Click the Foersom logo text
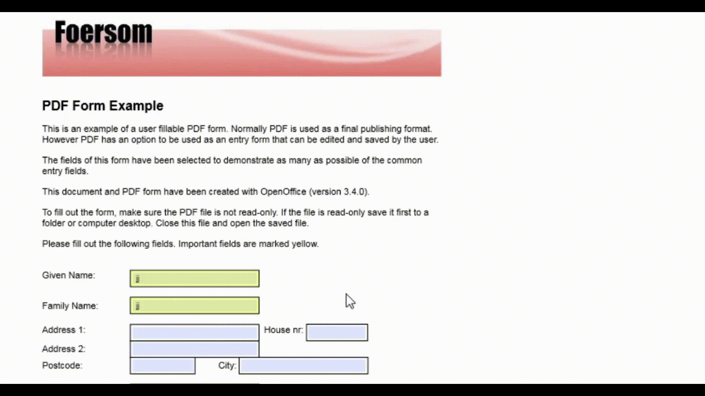coord(103,33)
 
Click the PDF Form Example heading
coord(103,106)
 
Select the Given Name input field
coord(194,279)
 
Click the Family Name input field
coord(194,305)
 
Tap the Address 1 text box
coord(194,333)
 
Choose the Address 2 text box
coord(194,349)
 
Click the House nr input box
coord(337,333)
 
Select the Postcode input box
coord(163,366)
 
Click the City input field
coord(303,366)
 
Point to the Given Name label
coord(69,275)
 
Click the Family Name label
coord(70,306)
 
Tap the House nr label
coord(283,330)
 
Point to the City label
coord(227,366)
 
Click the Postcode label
coord(62,366)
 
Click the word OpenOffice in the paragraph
coord(283,192)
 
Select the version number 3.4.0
coord(355,192)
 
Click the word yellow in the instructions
coord(305,244)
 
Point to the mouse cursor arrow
coord(350,300)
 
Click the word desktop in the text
coord(135,223)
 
